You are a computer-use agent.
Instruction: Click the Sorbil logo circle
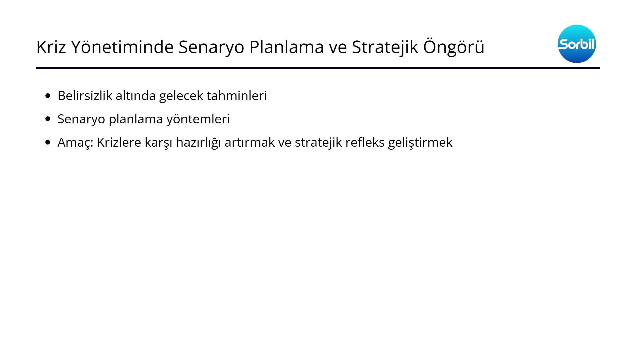point(577,44)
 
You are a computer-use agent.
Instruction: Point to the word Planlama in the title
point(286,47)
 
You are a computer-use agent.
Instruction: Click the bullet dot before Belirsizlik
point(48,96)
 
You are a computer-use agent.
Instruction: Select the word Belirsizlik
point(85,96)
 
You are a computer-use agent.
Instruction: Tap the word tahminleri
point(237,96)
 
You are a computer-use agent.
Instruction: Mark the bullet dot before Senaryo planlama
point(48,119)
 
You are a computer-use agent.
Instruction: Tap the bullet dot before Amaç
point(48,142)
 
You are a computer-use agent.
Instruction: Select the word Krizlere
point(119,142)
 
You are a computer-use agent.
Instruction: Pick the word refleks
point(365,142)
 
